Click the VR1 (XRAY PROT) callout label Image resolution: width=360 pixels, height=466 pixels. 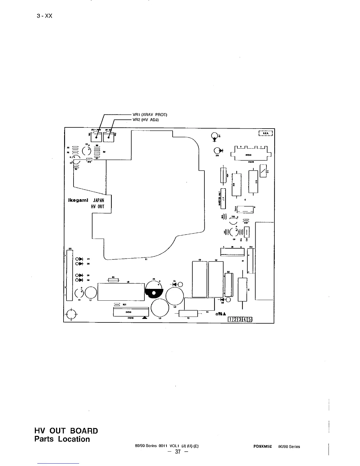click(150, 114)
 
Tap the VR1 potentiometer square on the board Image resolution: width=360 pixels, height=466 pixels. click(96, 137)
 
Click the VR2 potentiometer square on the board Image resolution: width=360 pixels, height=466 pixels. click(109, 137)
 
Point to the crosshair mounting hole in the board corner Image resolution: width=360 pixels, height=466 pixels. click(71, 314)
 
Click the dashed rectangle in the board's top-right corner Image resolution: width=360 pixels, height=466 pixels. click(266, 133)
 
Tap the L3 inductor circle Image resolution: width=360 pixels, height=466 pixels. click(160, 308)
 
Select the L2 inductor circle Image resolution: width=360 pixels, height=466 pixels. click(175, 296)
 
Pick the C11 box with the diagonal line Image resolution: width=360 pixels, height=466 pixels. click(263, 171)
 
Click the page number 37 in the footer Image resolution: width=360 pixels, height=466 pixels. click(177, 452)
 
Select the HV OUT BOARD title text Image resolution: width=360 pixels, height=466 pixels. click(66, 431)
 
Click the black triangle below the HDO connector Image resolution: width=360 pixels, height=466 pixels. click(144, 318)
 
